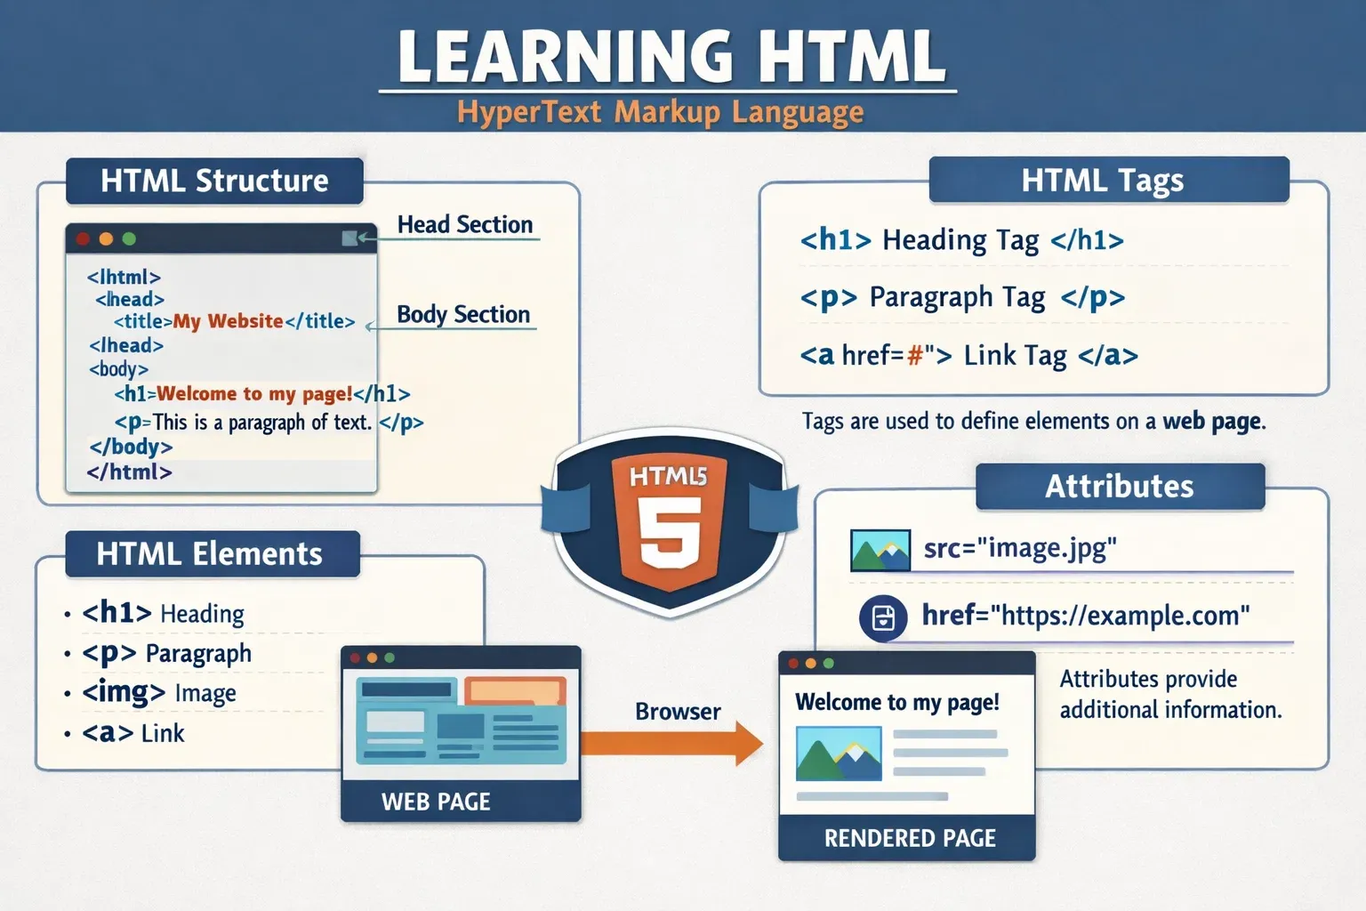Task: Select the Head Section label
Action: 464,225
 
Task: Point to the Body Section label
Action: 462,315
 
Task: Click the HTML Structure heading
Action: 214,181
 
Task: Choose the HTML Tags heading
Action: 1102,181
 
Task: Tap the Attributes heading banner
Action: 1119,487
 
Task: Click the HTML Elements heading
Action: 210,554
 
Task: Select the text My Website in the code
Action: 228,321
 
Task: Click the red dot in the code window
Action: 84,238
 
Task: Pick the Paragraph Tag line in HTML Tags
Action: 962,297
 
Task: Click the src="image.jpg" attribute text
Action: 1019,549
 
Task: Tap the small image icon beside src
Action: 880,551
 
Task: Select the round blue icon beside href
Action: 883,617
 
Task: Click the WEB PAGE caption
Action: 436,802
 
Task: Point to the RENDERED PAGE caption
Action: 910,838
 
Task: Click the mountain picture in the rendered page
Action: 839,754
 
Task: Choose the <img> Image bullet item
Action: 159,693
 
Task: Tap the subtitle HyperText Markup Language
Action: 660,113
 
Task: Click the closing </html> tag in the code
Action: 129,472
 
